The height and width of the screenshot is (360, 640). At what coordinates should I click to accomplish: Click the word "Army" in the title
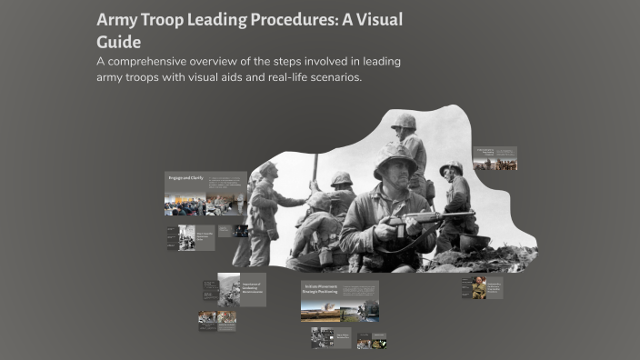click(x=120, y=20)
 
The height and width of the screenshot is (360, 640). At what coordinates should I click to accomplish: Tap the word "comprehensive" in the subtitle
click(x=163, y=61)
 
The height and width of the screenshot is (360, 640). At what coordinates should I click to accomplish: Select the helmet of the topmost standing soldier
click(x=404, y=121)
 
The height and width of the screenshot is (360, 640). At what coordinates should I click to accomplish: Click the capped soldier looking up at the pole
click(x=265, y=173)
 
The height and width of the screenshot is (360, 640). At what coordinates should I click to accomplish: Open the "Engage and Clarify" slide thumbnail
click(x=205, y=194)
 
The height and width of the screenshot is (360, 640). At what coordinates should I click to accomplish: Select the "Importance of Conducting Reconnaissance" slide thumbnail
click(x=242, y=288)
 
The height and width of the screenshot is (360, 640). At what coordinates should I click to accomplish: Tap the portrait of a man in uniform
click(x=479, y=288)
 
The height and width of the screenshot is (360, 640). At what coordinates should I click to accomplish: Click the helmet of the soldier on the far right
click(x=451, y=168)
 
